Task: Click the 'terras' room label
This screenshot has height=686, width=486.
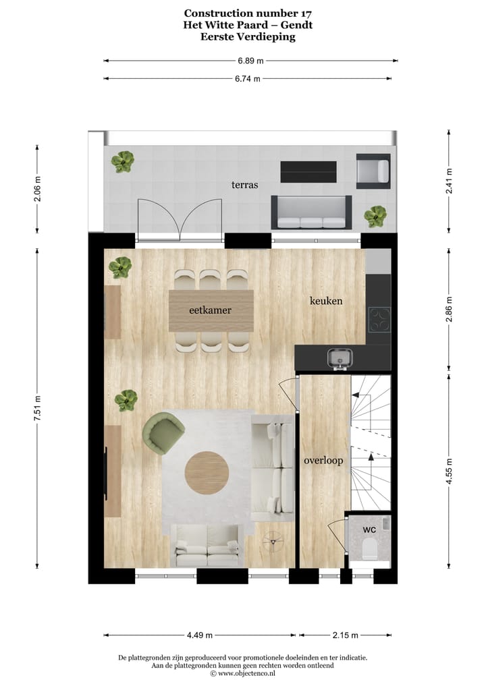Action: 244,183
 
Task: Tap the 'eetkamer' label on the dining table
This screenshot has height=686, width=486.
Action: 210,310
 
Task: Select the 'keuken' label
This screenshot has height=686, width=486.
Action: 326,301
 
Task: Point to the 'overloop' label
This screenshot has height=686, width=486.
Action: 323,461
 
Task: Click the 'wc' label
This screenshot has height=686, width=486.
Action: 369,530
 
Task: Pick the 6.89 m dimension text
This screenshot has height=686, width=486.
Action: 250,60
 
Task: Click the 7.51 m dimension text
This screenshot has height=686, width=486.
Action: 38,409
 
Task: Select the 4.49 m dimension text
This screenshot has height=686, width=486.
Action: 199,635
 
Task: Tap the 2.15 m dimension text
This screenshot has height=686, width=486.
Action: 344,635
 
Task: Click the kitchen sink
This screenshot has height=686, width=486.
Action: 337,358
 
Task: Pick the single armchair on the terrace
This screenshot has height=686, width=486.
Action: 373,171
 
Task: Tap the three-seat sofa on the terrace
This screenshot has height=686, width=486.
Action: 311,213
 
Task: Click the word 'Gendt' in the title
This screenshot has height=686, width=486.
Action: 298,25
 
